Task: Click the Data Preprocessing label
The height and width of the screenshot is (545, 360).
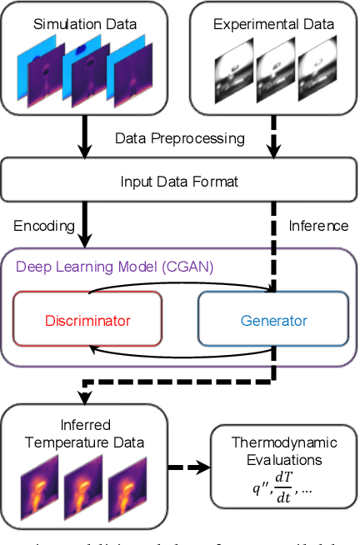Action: click(x=179, y=137)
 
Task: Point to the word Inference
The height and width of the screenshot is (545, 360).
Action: click(x=317, y=225)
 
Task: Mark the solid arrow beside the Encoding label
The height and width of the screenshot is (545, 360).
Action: click(x=83, y=225)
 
